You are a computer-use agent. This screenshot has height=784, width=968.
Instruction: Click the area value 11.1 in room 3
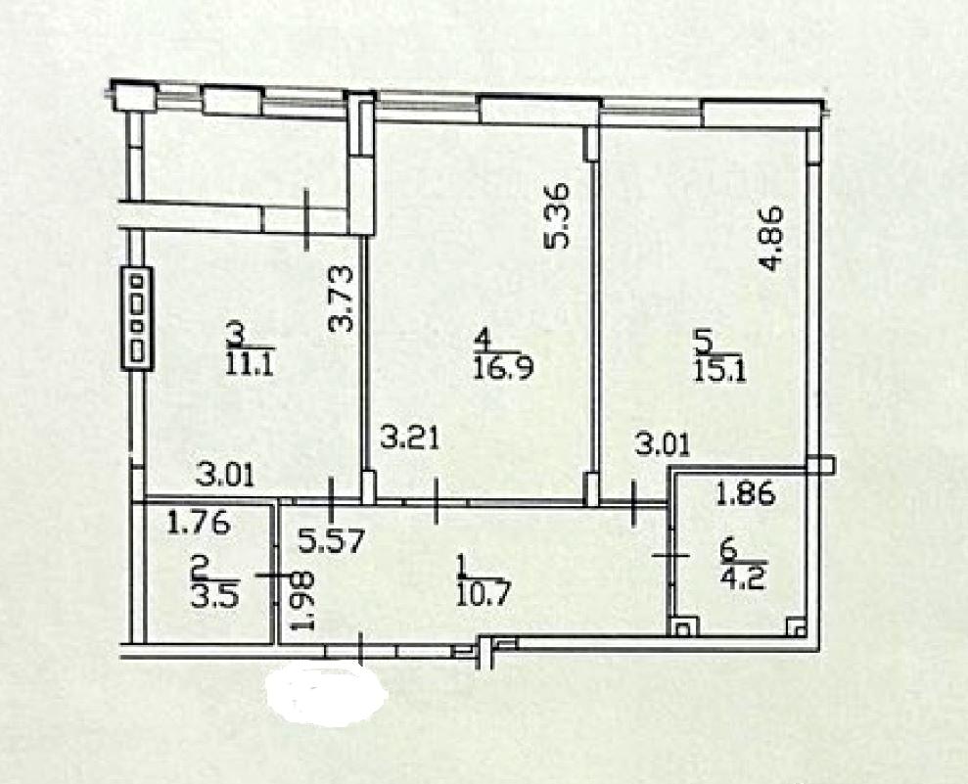[x=250, y=365]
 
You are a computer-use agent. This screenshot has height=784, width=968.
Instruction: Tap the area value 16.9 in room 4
[x=503, y=369]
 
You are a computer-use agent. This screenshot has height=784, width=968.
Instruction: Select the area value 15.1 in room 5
[x=720, y=372]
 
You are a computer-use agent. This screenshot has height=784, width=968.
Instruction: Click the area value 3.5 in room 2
[x=215, y=598]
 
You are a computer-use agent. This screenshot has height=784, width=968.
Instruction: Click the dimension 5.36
[x=556, y=216]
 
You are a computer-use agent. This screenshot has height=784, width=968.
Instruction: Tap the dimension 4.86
[x=771, y=238]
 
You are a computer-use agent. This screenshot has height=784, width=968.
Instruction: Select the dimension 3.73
[x=341, y=299]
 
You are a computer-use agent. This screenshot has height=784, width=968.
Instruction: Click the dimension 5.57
[x=333, y=542]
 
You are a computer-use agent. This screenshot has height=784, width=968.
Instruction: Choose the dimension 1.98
[x=303, y=600]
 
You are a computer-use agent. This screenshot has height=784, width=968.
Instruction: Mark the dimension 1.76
[x=199, y=523]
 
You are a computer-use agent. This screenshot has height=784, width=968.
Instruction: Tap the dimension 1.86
[x=745, y=493]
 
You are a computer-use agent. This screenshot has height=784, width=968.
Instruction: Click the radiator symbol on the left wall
[x=136, y=318]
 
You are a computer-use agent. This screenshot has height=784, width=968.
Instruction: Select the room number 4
[x=483, y=340]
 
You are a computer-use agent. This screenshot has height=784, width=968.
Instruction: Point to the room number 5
[x=704, y=341]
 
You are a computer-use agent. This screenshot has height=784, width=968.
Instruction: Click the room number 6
[x=729, y=549]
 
